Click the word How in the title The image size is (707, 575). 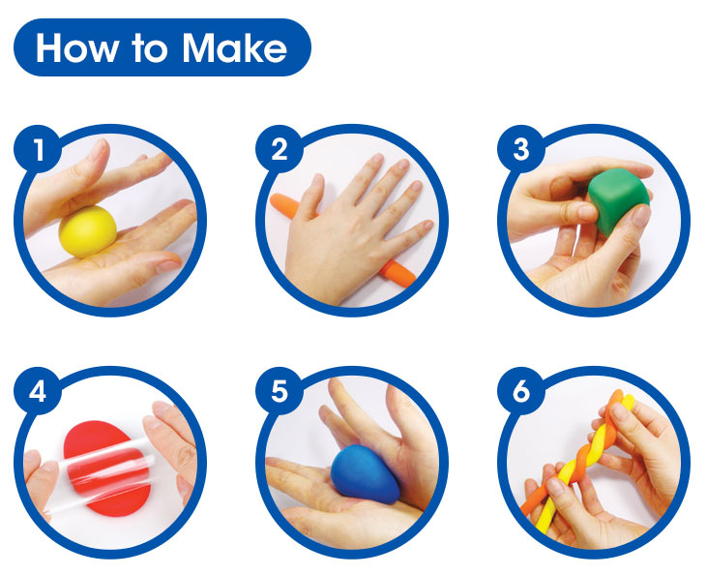pos(77,47)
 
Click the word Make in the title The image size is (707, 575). pos(234,47)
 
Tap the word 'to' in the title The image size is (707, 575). pos(150,48)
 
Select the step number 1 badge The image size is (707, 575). pos(38,148)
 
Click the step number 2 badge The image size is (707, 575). pos(280,148)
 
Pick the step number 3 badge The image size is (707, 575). pos(521,148)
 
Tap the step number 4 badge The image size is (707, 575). pos(38,391)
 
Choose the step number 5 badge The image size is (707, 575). pos(280,391)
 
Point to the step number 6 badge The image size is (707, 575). pos(521,391)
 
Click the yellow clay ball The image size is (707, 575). pos(87,231)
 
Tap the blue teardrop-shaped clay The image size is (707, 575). pos(365,474)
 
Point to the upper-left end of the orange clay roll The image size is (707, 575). pos(273,198)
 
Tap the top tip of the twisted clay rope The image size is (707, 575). pos(620,394)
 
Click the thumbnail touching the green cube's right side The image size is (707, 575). pos(640,215)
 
